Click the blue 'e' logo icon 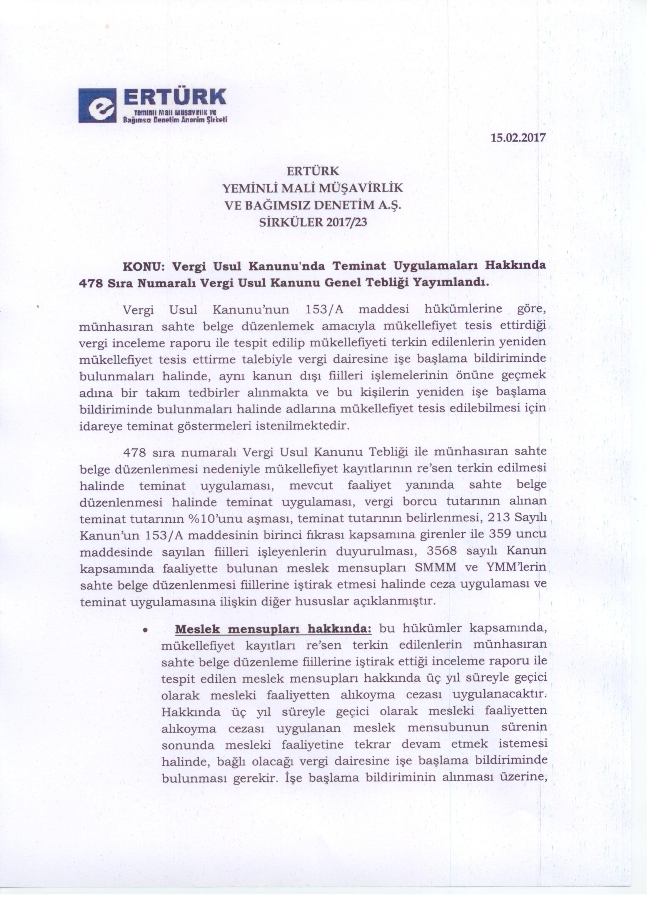(x=97, y=105)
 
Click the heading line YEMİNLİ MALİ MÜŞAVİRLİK (x=313, y=188)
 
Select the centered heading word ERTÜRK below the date (x=313, y=171)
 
